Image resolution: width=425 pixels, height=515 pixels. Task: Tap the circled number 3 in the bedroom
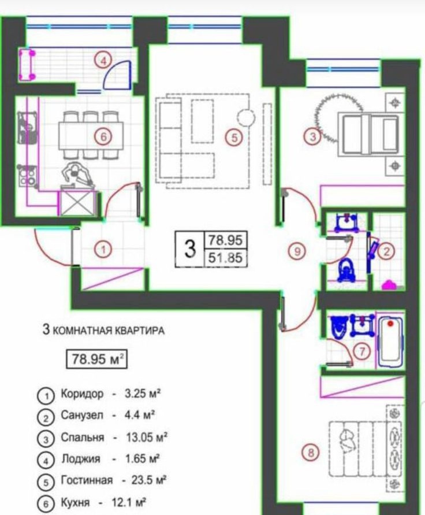click(312, 137)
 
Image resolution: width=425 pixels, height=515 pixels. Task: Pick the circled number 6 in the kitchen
click(103, 136)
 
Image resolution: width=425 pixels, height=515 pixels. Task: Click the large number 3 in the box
click(189, 250)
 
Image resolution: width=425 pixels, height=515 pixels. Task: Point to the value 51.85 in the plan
click(226, 259)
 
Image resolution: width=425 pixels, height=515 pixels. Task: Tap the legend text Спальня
click(83, 437)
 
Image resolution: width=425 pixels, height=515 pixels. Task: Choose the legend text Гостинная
click(87, 480)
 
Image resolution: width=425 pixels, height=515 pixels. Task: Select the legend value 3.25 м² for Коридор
click(142, 394)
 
